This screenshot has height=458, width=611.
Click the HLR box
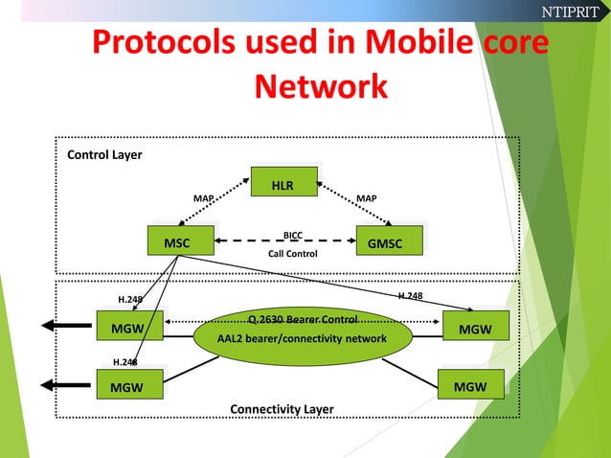[283, 183]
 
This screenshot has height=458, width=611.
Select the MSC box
[176, 242]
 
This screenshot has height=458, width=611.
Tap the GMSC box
[391, 243]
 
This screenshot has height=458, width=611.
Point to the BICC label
[293, 234]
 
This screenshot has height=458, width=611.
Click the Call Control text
[292, 254]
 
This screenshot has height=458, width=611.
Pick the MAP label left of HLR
[204, 198]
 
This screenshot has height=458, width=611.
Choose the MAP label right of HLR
[366, 198]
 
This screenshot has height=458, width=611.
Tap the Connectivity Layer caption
[282, 409]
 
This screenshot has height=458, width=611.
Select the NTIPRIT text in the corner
[570, 11]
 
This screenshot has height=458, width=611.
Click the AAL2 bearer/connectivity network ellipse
[302, 339]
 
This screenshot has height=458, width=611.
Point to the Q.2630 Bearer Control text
[303, 319]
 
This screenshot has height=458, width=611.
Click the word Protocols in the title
[171, 45]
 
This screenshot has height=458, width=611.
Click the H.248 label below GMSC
[411, 296]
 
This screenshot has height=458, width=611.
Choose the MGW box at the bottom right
[469, 387]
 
